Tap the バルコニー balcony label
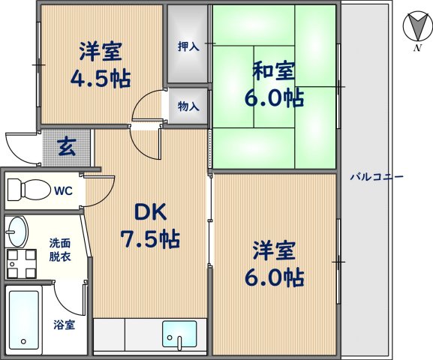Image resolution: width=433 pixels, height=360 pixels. [377, 178]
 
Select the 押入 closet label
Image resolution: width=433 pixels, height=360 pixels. [188, 46]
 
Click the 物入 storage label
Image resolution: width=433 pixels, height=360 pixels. [188, 106]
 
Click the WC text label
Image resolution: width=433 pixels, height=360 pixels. [63, 190]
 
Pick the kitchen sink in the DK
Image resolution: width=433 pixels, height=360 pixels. [179, 334]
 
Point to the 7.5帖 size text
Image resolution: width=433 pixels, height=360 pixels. [150, 239]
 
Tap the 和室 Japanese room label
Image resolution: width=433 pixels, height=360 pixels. [274, 73]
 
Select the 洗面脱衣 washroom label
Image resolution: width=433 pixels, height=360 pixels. [61, 249]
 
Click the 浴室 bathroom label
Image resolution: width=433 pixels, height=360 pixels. [64, 325]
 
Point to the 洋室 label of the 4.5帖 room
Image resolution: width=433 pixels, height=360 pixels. [101, 52]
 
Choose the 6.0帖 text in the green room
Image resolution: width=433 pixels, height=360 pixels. [274, 98]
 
